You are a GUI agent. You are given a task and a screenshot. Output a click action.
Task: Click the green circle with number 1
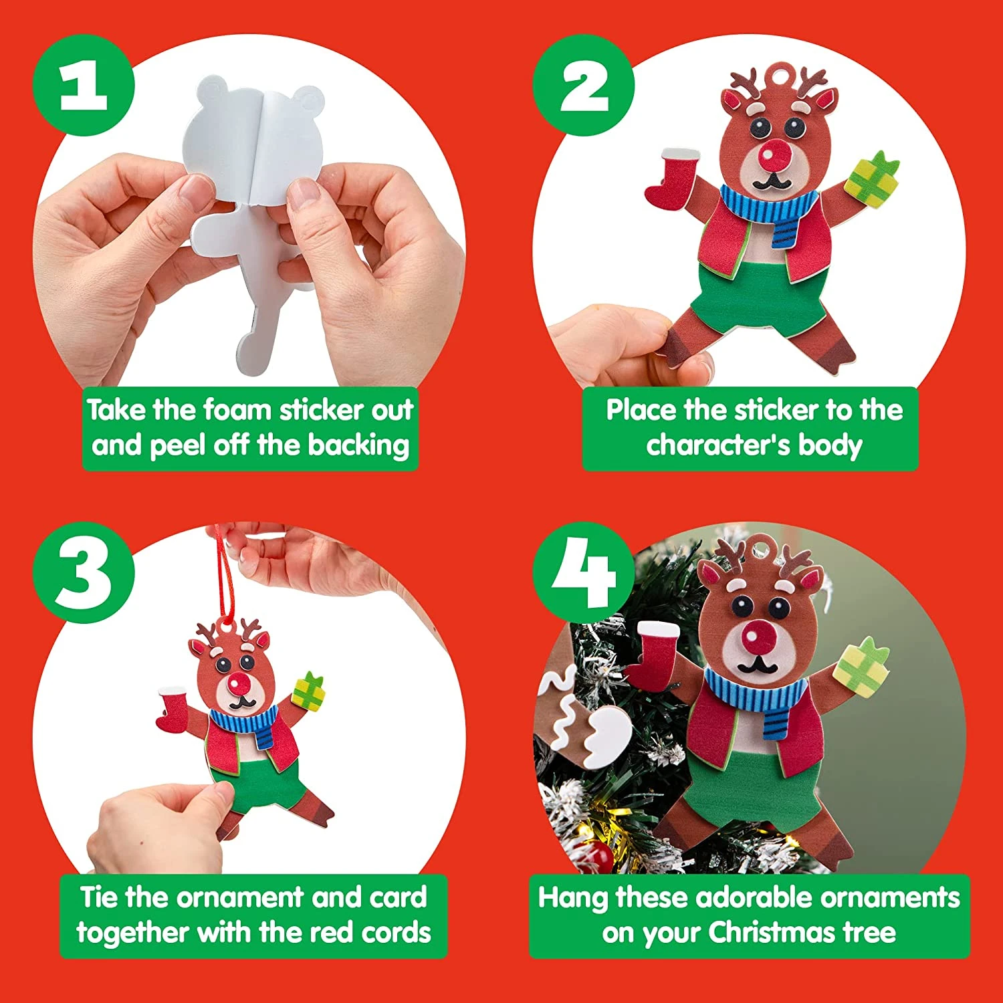[x=84, y=86]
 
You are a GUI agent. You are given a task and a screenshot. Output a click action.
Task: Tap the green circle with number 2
[x=584, y=86]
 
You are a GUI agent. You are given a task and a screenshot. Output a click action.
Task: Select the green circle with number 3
[x=84, y=573]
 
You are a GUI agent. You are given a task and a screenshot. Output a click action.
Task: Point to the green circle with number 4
[x=583, y=573]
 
